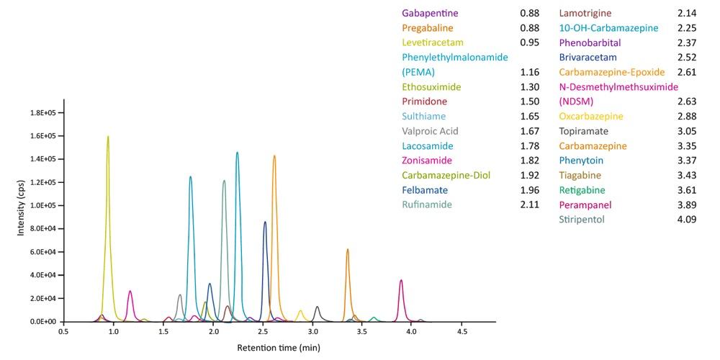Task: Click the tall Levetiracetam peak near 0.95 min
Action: (x=108, y=138)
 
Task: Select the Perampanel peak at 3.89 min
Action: (x=401, y=282)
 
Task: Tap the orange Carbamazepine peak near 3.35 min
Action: (x=348, y=251)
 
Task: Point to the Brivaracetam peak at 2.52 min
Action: (x=265, y=224)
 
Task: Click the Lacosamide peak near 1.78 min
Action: (x=191, y=179)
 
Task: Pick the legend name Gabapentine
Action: (x=431, y=13)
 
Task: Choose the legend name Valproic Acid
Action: (x=431, y=131)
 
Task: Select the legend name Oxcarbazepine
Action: (x=592, y=116)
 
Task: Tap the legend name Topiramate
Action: (x=584, y=131)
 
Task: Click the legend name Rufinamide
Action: (x=427, y=204)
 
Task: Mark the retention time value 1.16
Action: (x=529, y=72)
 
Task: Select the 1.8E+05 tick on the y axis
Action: (x=44, y=113)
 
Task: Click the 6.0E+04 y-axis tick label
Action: (x=44, y=252)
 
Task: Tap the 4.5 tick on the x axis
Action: (x=462, y=332)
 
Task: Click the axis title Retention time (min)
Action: (x=279, y=348)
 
